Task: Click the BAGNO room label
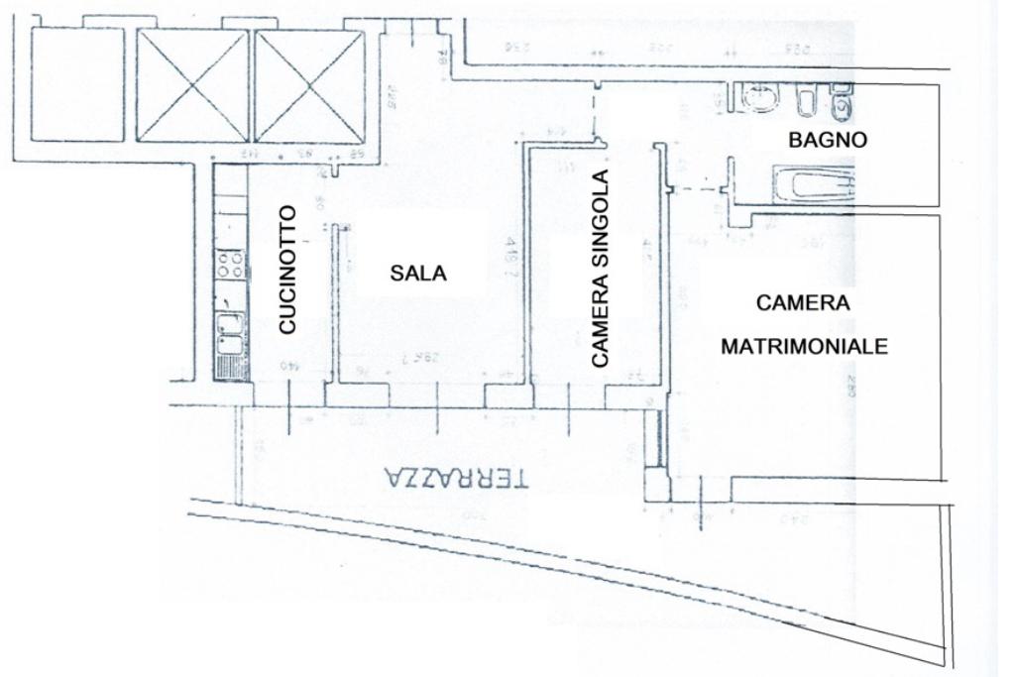click(x=828, y=140)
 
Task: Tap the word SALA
click(x=417, y=274)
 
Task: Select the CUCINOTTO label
click(x=286, y=269)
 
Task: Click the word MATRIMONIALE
click(x=803, y=348)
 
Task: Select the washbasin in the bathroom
click(x=758, y=98)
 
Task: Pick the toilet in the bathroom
click(x=842, y=102)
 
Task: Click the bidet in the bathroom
click(x=805, y=101)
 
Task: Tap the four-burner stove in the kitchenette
click(x=231, y=264)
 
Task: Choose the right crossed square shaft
click(x=309, y=85)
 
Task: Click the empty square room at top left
click(x=77, y=85)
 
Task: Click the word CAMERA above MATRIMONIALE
click(x=803, y=303)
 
